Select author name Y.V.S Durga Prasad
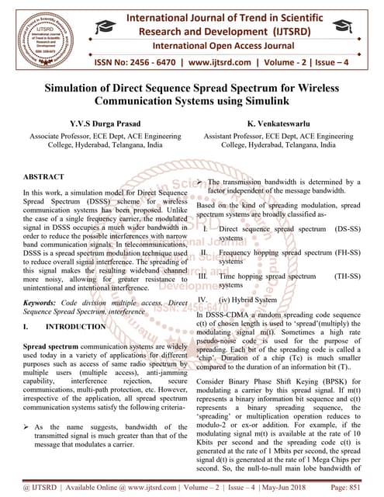pyautogui.click(x=96, y=123)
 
